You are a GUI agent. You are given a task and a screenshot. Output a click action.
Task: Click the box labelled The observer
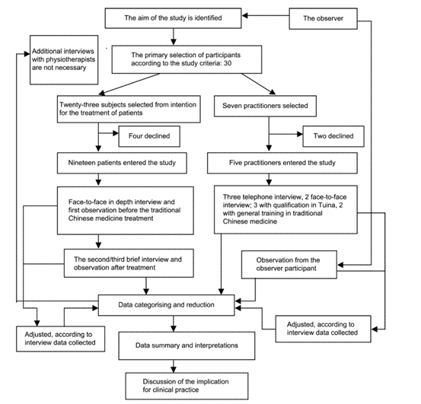323,18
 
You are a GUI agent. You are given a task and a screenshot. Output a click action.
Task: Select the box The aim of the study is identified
173,18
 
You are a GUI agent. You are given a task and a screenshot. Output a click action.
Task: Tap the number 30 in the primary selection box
228,63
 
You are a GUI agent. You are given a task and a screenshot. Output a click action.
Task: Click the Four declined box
149,136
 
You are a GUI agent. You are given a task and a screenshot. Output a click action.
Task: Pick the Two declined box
333,136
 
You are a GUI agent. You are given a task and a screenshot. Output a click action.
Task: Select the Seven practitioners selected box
265,106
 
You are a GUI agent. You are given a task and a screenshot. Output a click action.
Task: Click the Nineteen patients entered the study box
122,163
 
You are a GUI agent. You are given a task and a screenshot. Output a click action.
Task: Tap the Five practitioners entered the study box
282,163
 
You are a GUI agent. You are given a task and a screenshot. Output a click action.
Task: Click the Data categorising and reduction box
166,305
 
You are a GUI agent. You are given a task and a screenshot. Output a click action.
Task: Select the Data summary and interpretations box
187,345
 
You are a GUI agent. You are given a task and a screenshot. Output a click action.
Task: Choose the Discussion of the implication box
187,386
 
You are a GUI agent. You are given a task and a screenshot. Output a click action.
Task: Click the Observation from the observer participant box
289,265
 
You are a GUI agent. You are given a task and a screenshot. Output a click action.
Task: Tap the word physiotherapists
63,59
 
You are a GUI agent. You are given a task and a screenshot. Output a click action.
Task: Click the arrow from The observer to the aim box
265,15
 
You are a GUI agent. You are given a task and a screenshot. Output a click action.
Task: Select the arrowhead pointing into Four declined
116,133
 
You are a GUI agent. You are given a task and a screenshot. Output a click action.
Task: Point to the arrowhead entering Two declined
300,134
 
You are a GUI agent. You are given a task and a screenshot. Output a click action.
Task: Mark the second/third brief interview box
129,263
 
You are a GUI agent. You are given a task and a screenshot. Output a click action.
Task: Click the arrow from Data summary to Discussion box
174,366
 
